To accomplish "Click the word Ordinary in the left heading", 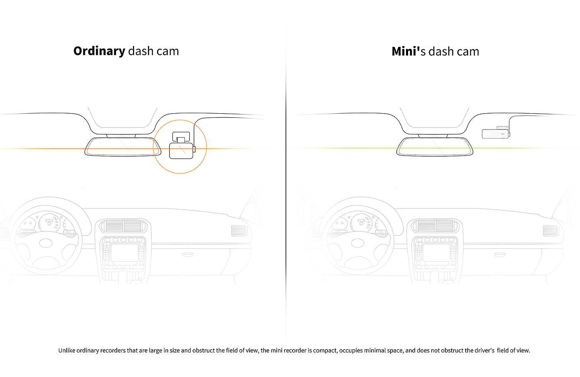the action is point(99,51).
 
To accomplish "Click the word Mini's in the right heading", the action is point(408,51).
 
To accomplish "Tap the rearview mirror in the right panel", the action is point(435,146).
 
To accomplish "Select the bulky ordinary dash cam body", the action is point(181,151).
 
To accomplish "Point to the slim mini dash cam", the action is point(495,134).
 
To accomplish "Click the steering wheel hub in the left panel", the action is point(46,243).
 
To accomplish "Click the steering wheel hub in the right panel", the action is point(358,243).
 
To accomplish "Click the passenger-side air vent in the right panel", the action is point(551,231).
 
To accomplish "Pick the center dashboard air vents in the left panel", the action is point(123,226).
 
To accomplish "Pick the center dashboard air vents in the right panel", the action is point(435,226).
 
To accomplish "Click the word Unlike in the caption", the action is point(67,350).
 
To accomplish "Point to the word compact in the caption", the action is point(325,350).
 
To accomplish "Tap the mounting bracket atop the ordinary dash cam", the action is point(181,136).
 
